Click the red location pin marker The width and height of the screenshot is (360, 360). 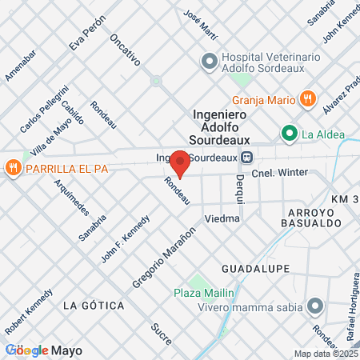pos(181,163)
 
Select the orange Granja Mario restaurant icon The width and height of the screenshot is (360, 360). pos(307,99)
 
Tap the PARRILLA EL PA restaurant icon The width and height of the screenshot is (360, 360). pos(12,168)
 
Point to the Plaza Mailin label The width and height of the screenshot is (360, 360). pos(203,293)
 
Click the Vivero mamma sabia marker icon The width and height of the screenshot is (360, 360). pos(315,305)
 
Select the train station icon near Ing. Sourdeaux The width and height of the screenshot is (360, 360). pos(247,158)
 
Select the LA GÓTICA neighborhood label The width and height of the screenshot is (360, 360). pos(94,306)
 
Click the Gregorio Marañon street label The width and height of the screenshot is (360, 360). pos(164,258)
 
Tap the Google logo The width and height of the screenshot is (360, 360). pos(26,350)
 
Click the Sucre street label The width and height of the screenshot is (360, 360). pos(161,333)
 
